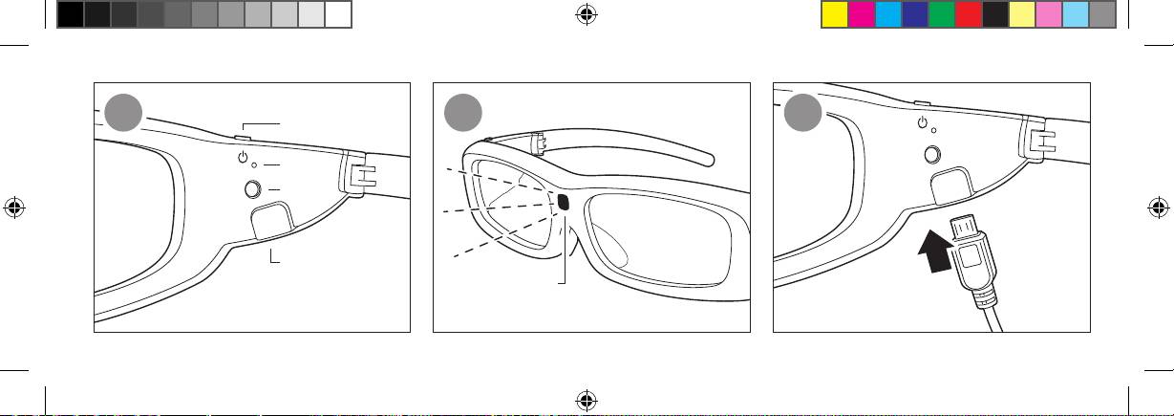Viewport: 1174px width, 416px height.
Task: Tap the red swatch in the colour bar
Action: [969, 13]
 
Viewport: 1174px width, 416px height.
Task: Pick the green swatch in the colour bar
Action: [942, 13]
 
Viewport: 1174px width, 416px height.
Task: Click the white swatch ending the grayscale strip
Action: [338, 13]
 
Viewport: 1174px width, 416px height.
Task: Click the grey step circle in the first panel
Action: [124, 114]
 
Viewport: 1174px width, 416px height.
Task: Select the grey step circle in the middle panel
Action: [464, 114]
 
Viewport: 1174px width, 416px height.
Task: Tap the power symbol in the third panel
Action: [922, 122]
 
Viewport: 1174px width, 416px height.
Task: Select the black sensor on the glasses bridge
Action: [563, 202]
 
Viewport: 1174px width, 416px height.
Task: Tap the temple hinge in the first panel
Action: [356, 173]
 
